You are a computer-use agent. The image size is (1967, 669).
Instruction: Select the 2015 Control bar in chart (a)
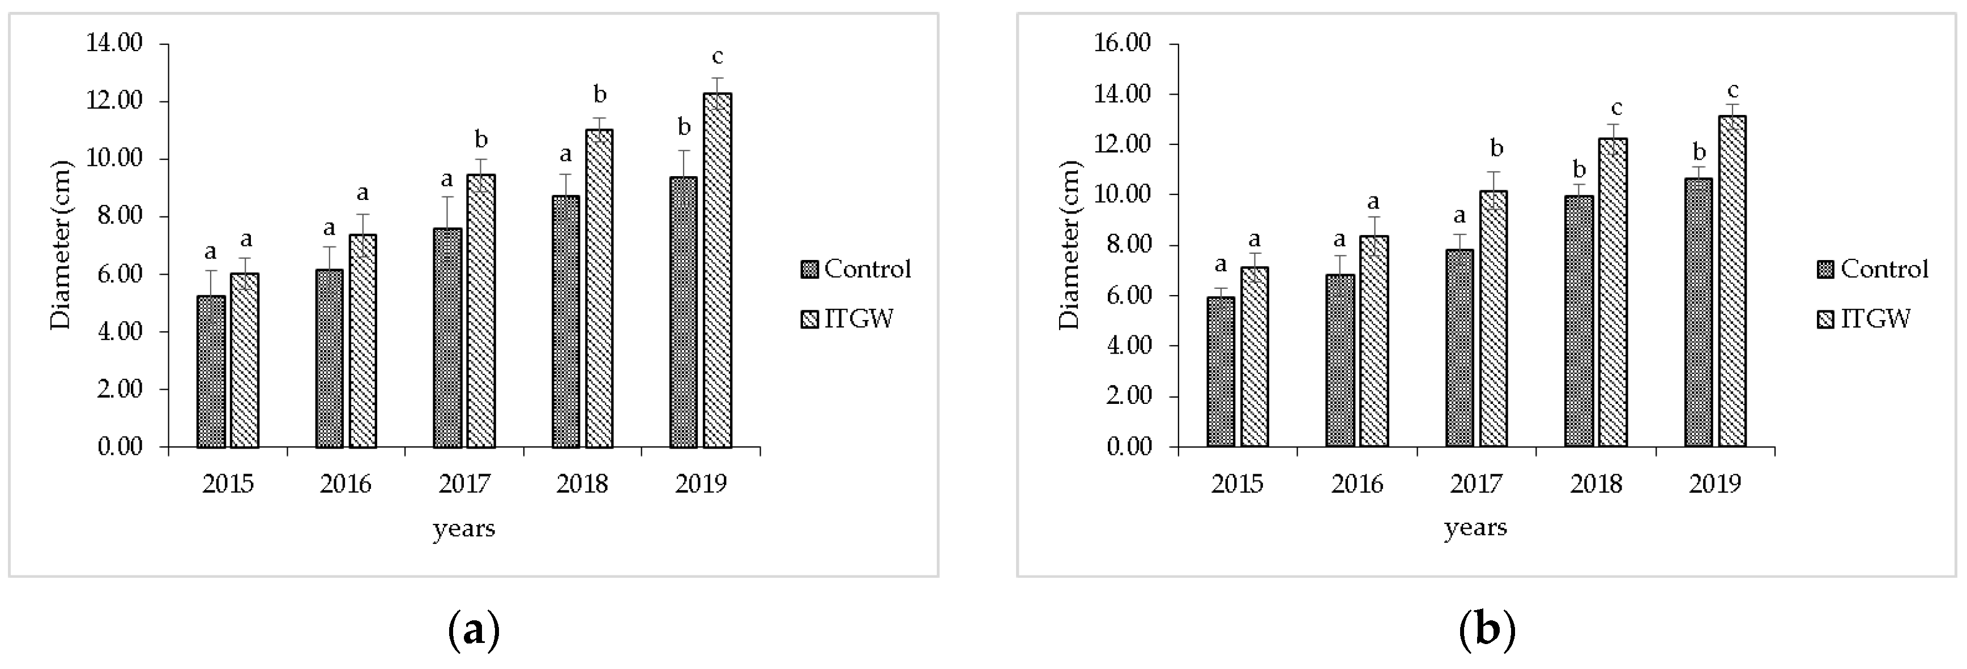pos(211,371)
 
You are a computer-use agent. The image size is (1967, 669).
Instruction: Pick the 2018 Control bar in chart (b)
pos(1578,321)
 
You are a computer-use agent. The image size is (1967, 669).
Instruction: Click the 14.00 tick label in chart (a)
pos(114,44)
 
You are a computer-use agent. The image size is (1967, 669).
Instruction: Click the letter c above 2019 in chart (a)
pos(716,57)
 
